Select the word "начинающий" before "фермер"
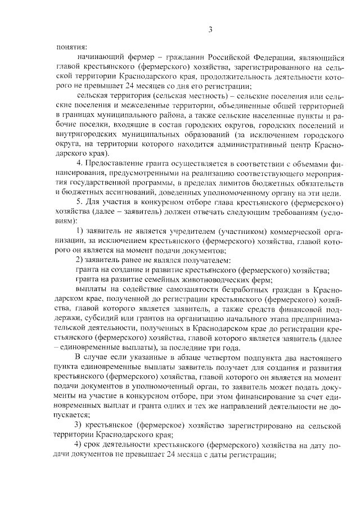[99, 58]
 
